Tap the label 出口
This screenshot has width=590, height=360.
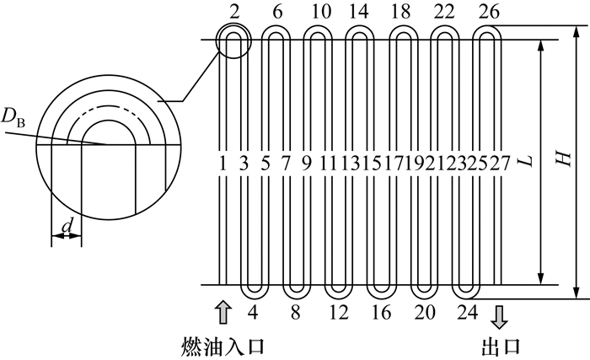(499, 346)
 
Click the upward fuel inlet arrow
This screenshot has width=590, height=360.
(223, 311)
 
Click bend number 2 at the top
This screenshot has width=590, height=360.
(233, 12)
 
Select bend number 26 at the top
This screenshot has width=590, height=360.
(488, 12)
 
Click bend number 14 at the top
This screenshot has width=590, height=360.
(360, 12)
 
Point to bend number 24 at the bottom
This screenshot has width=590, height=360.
(465, 313)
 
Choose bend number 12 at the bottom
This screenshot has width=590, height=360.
(339, 313)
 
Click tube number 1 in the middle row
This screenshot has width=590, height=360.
(223, 161)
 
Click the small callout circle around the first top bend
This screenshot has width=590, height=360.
(233, 40)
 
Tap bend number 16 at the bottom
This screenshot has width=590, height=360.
(381, 313)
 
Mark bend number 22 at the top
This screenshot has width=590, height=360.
(446, 12)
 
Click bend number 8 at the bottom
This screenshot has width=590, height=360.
(297, 313)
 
